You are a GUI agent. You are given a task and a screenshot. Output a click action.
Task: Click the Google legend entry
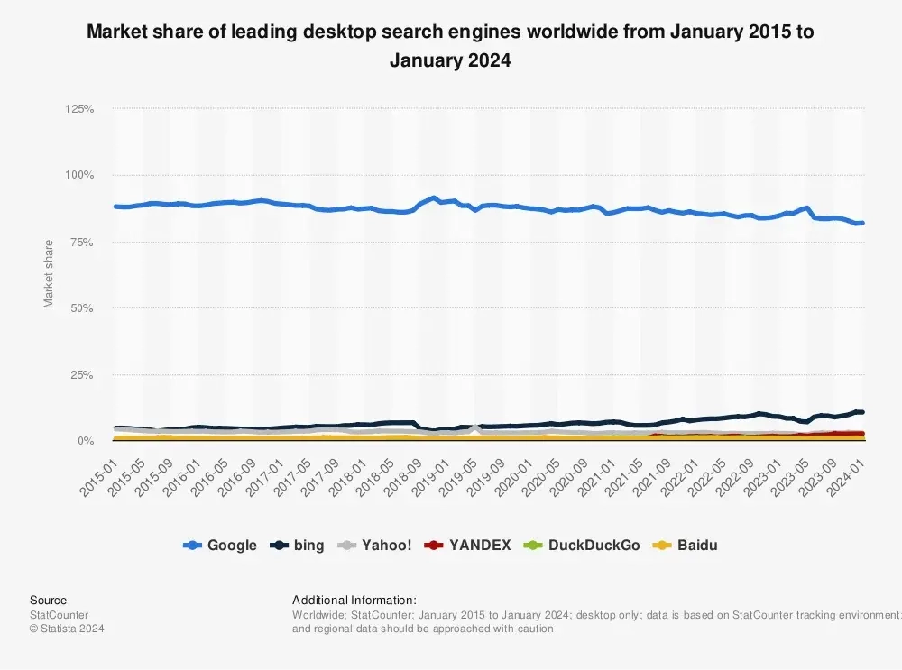(220, 546)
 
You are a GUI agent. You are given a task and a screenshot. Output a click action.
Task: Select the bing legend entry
(299, 546)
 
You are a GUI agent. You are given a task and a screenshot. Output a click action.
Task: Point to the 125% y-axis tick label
(79, 109)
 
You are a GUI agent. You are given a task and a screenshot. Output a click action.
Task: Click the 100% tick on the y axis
(79, 175)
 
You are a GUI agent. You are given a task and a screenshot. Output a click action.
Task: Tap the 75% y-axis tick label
(82, 242)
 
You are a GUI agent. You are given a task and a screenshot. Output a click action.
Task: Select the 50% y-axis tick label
(82, 308)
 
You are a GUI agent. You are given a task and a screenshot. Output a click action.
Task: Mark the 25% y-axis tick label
(82, 374)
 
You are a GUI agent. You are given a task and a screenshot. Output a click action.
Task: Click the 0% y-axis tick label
(85, 441)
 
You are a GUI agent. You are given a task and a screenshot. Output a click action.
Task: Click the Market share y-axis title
(49, 273)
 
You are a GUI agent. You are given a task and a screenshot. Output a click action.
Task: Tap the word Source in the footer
(48, 601)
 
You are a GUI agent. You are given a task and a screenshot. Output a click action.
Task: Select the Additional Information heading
(354, 601)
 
